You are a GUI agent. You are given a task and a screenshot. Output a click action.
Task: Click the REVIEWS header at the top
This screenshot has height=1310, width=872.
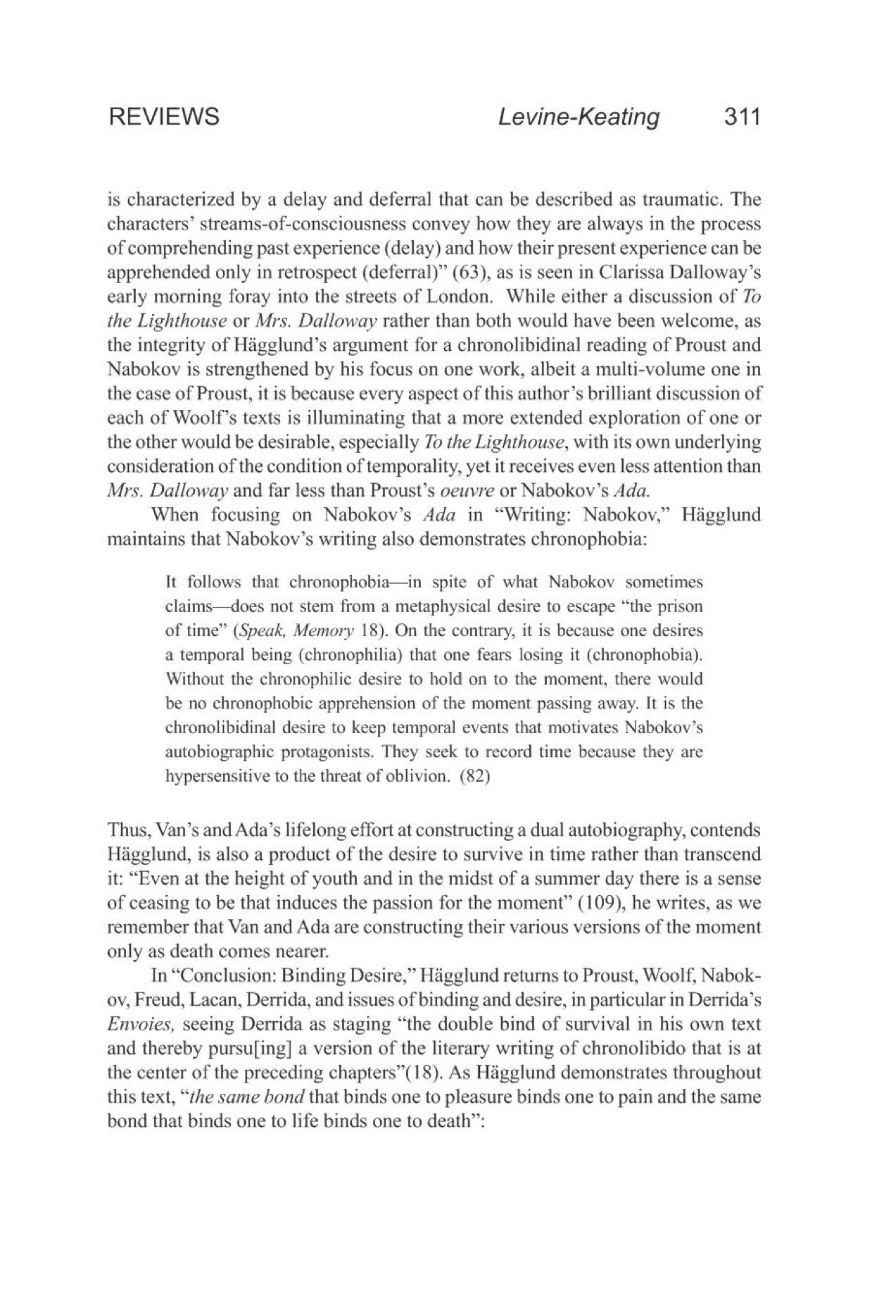(164, 116)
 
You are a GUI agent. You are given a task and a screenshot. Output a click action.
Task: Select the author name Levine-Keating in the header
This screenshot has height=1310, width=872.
(579, 116)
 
